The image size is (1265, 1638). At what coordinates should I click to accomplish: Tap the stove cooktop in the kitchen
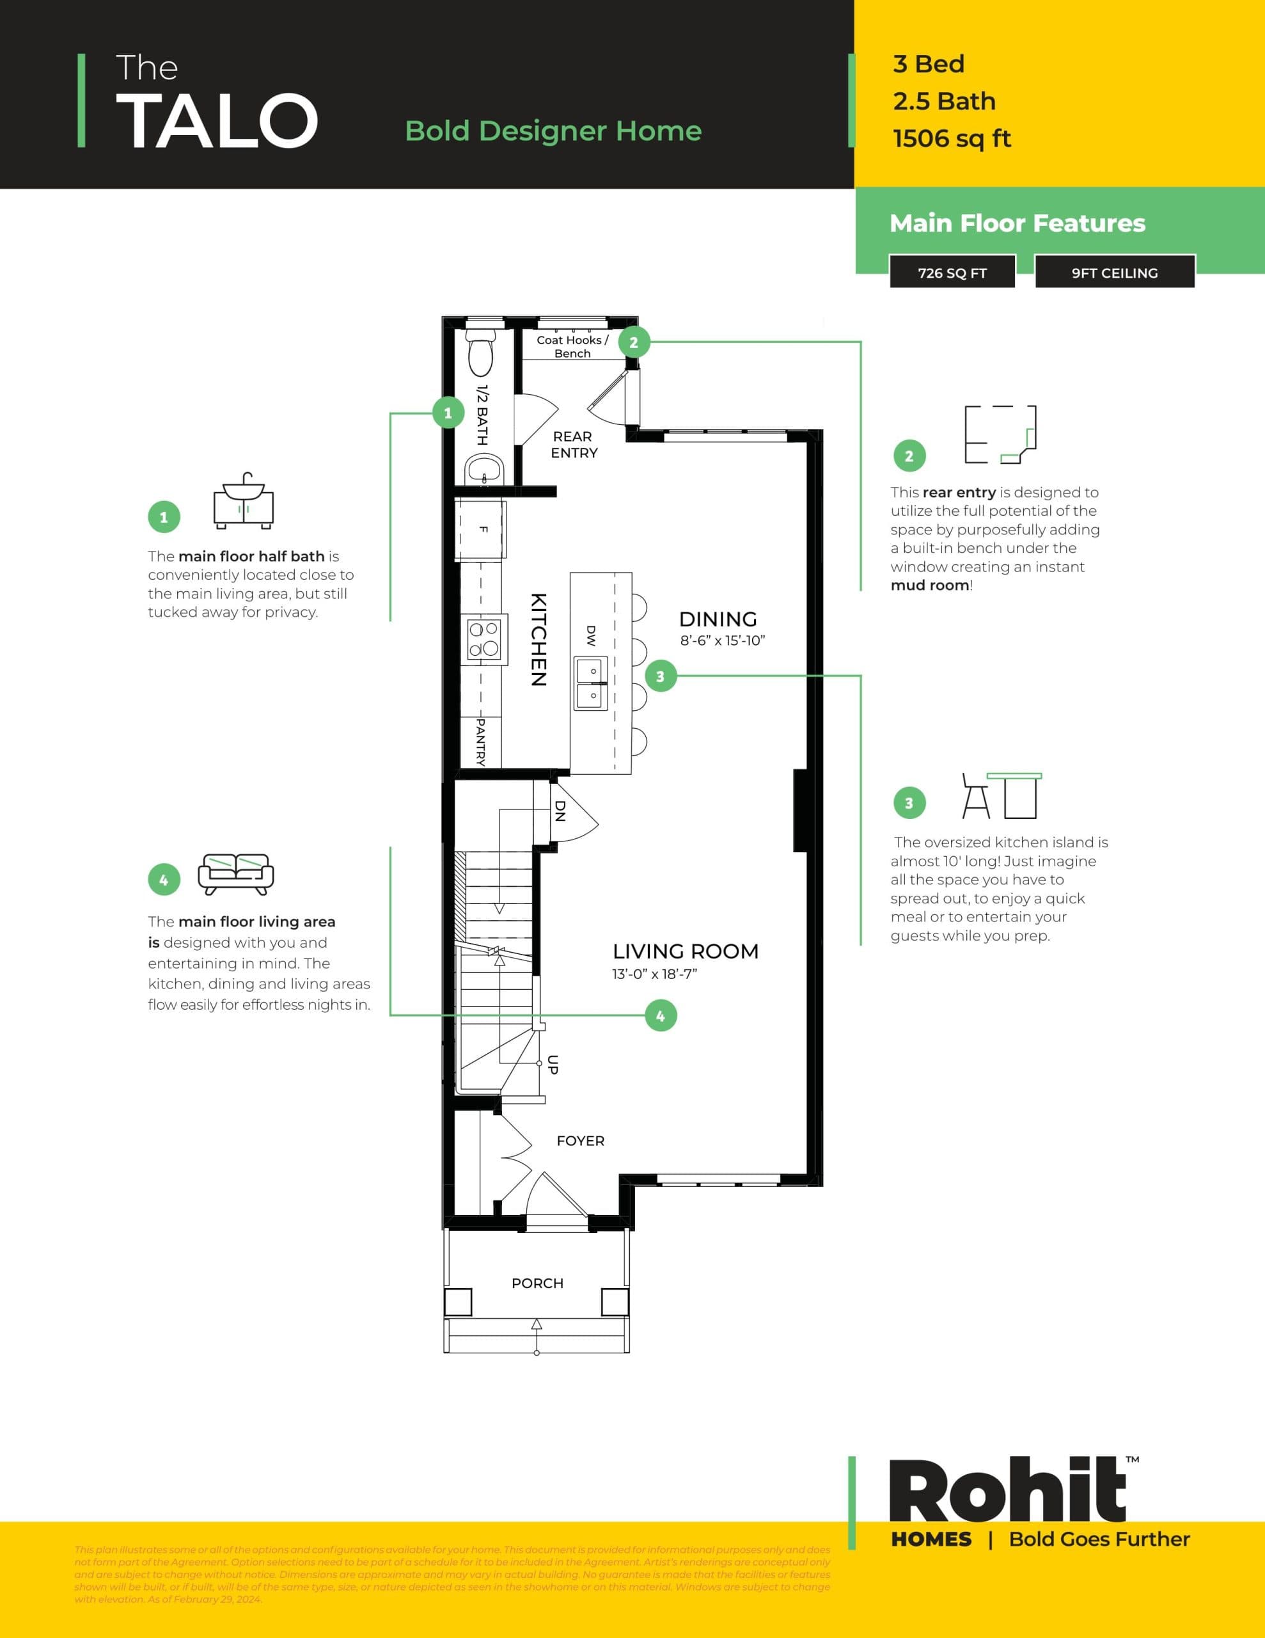click(x=483, y=639)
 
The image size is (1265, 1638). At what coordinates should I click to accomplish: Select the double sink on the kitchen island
click(x=591, y=683)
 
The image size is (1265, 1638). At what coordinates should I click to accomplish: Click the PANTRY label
click(x=481, y=742)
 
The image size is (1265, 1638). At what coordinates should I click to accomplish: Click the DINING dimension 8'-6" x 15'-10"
click(x=722, y=640)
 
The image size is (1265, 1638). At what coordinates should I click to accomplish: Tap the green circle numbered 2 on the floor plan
click(x=634, y=343)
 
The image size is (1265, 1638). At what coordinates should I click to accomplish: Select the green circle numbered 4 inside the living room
click(x=661, y=1015)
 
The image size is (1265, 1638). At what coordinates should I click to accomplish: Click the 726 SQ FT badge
click(x=952, y=273)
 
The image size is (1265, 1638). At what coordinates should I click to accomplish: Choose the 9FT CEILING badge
click(x=1114, y=273)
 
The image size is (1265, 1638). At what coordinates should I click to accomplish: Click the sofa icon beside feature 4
click(x=235, y=874)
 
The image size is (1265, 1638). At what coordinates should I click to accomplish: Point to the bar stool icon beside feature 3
click(x=975, y=797)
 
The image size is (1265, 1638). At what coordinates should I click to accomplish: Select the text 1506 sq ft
click(x=952, y=139)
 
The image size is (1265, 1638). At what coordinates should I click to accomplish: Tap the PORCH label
click(x=537, y=1284)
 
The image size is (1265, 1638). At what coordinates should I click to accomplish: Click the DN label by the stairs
click(x=560, y=811)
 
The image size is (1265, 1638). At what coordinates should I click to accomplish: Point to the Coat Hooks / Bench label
click(x=572, y=347)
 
